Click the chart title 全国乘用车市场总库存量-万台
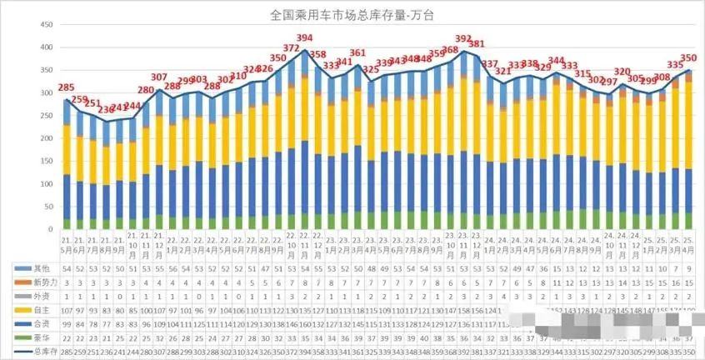pos(352,14)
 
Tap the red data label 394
pos(305,37)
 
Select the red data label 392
pos(463,38)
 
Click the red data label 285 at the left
pos(66,87)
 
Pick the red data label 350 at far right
pos(688,58)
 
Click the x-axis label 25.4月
pos(688,245)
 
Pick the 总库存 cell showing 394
pos(305,351)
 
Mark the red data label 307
pos(158,77)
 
